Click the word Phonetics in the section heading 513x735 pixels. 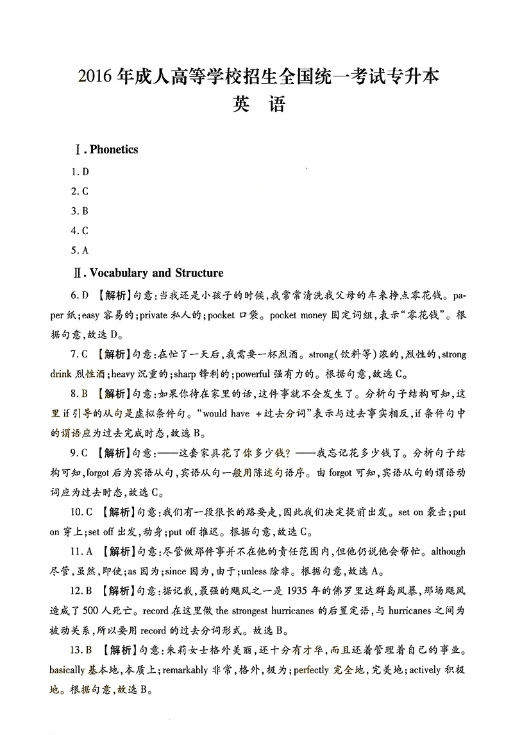pos(114,150)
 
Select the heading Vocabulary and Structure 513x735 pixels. pos(156,273)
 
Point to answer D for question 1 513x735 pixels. pos(85,171)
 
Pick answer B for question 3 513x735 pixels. pos(85,211)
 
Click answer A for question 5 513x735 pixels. pos(85,250)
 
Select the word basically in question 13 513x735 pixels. pos(67,670)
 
